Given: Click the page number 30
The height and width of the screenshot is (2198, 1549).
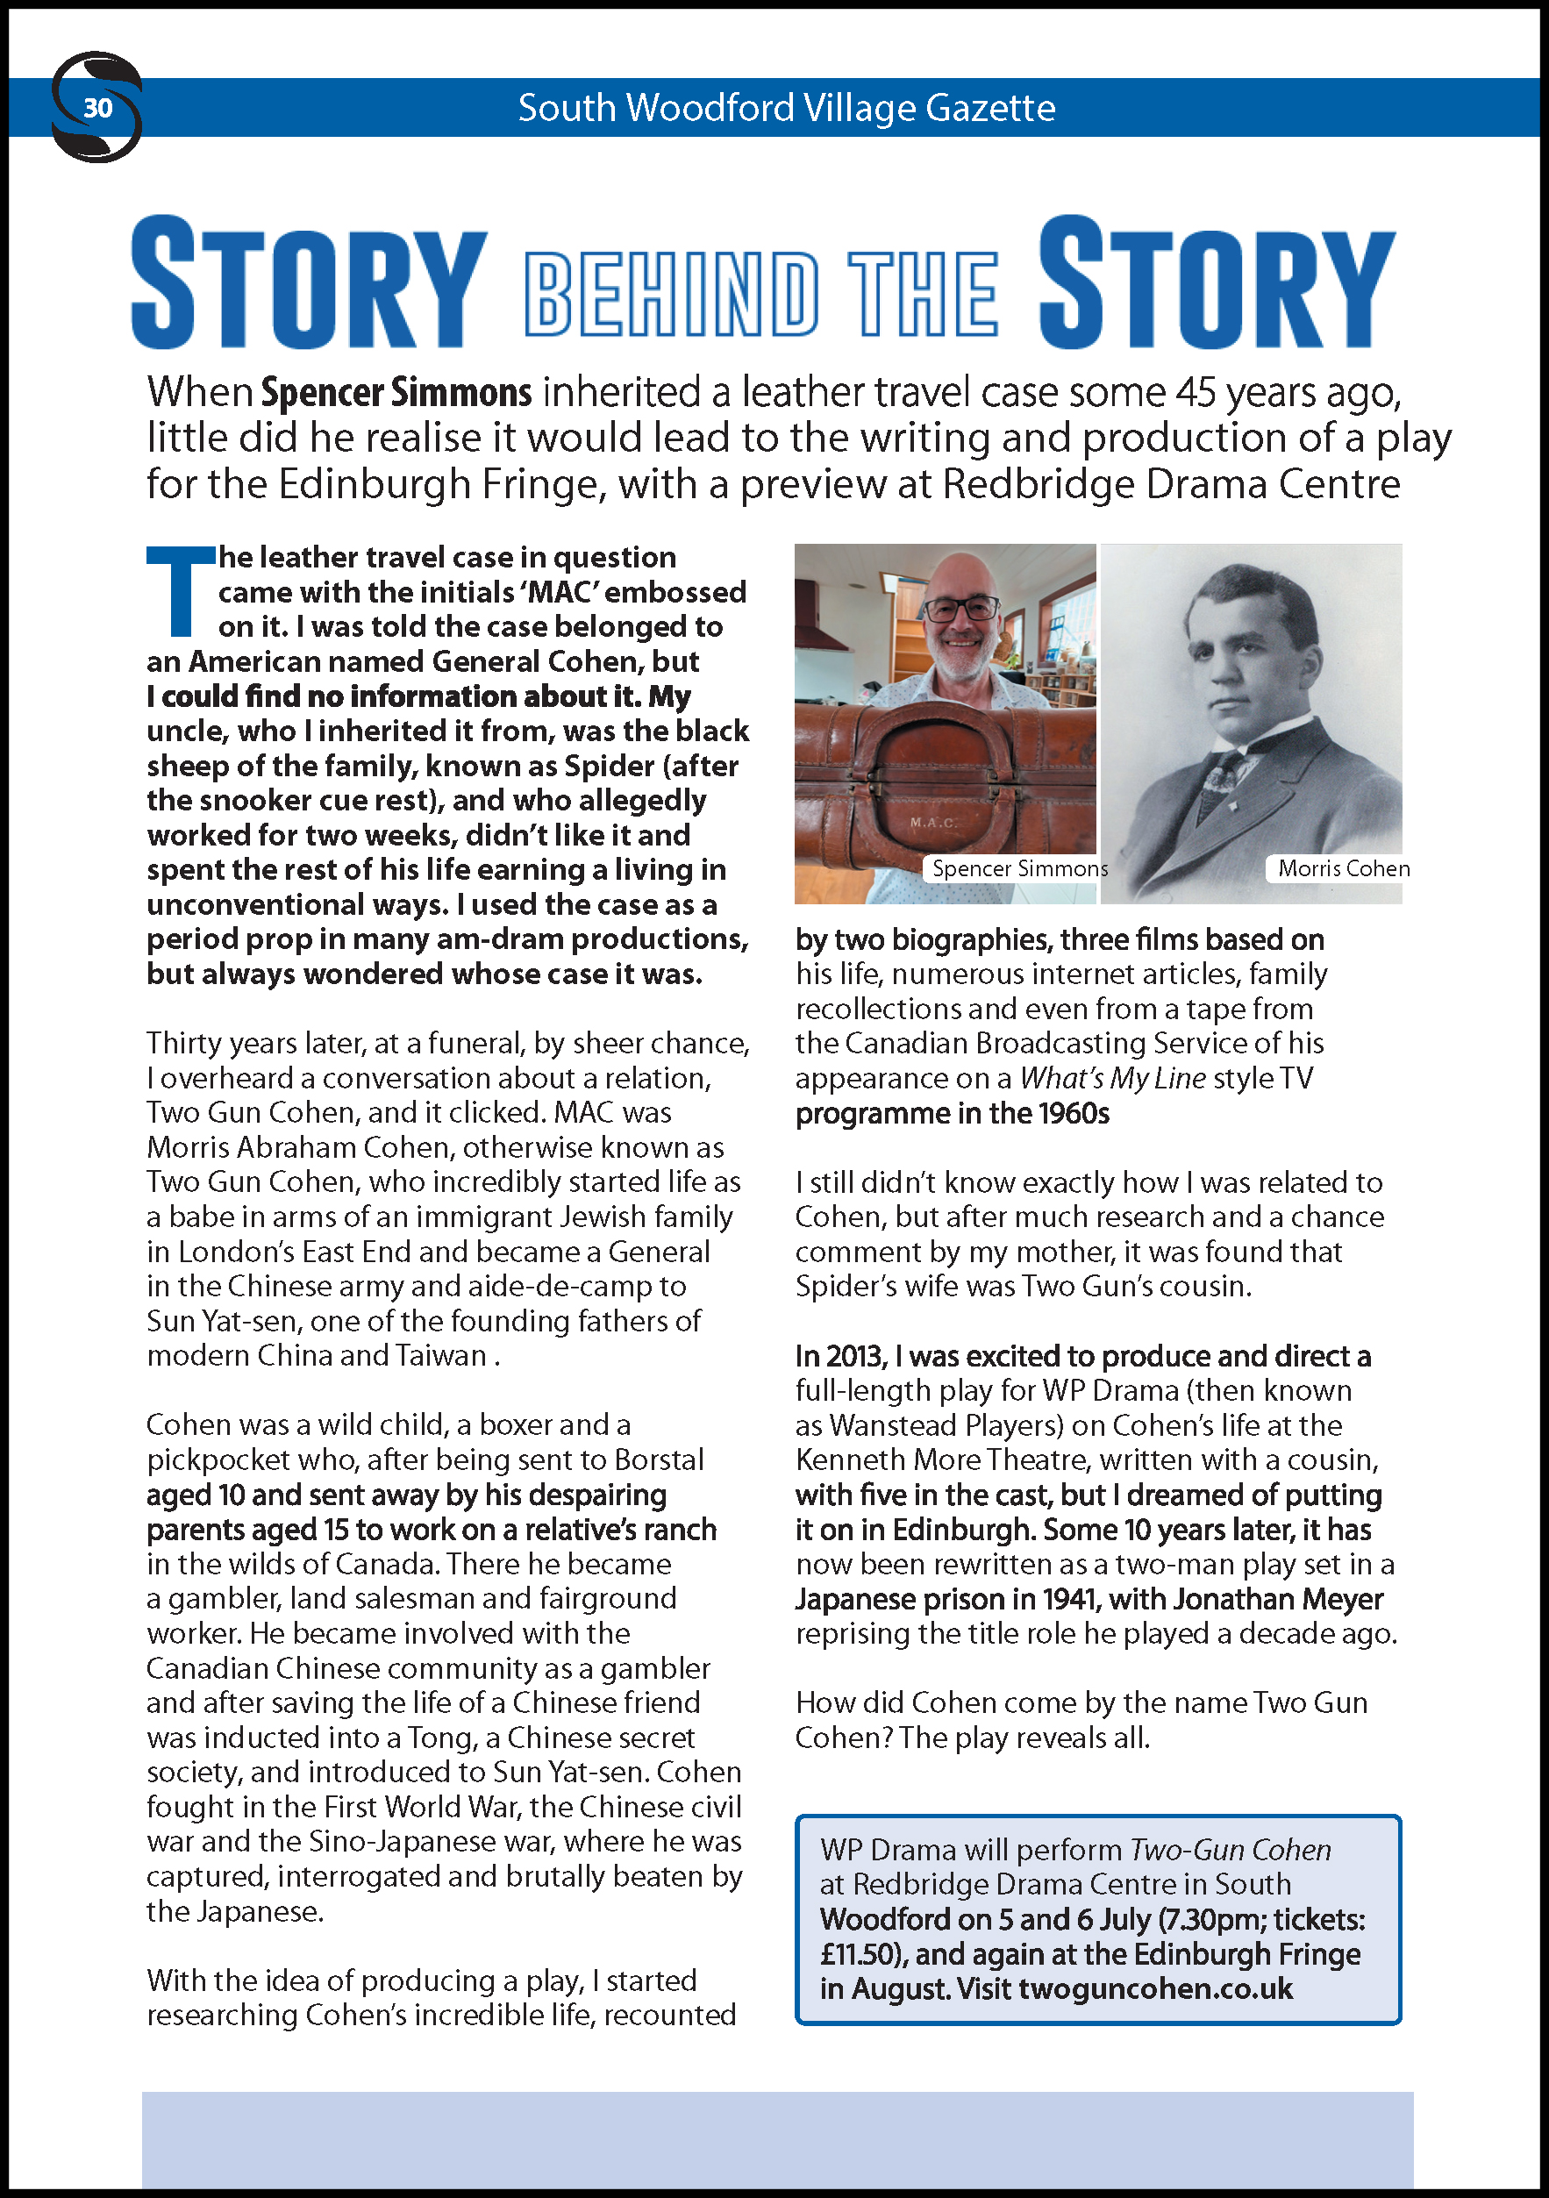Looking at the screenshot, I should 97,108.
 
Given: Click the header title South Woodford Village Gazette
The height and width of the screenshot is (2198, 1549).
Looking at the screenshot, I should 786,108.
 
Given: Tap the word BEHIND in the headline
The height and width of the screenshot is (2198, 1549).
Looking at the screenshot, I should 671,294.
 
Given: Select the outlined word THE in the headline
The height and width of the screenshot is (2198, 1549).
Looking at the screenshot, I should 922,294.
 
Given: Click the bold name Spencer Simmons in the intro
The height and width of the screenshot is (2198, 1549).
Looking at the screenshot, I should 396,393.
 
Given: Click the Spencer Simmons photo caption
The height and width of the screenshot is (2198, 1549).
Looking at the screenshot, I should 1018,868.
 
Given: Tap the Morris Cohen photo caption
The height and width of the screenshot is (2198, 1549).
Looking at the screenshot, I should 1343,868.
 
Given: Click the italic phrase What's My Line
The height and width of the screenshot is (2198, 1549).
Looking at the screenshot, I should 1111,1078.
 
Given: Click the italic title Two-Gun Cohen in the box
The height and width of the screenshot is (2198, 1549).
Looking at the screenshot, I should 1231,1850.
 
